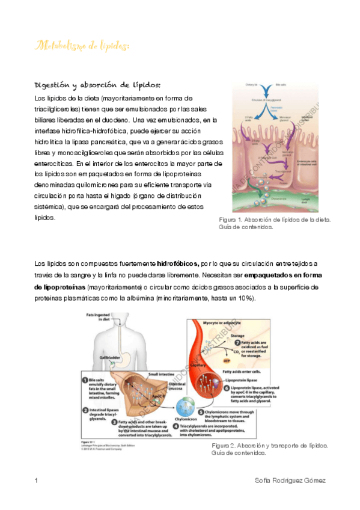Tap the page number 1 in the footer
pos(37,481)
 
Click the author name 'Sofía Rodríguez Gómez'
pos(291,481)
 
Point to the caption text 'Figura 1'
pos(231,220)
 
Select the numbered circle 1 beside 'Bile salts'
pos(85,379)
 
